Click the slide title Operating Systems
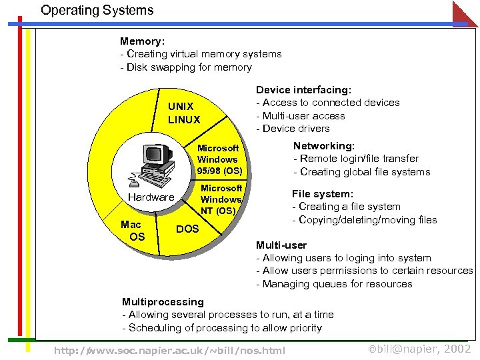click(97, 11)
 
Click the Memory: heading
click(142, 41)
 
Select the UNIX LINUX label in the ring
click(183, 113)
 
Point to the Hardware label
click(151, 197)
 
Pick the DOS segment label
click(187, 229)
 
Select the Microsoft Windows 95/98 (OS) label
click(219, 159)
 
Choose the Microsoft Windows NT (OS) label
click(221, 199)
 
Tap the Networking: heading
click(324, 145)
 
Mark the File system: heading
click(322, 193)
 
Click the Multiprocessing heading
click(163, 301)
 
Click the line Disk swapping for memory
click(185, 67)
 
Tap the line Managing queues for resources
click(334, 284)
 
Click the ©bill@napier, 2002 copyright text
click(419, 349)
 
